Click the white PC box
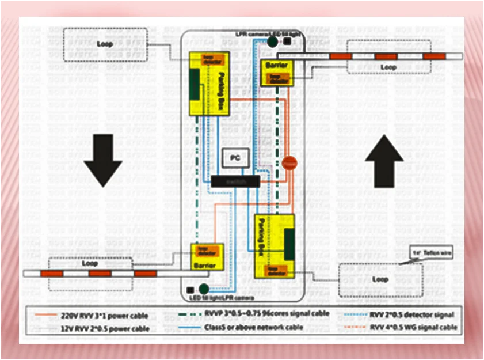coord(235,157)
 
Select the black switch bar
coord(235,181)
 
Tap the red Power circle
coord(289,164)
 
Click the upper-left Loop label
coord(105,43)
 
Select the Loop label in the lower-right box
coord(380,279)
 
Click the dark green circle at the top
coord(272,42)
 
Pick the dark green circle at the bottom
coord(203,289)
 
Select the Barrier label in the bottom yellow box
coord(205,266)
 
